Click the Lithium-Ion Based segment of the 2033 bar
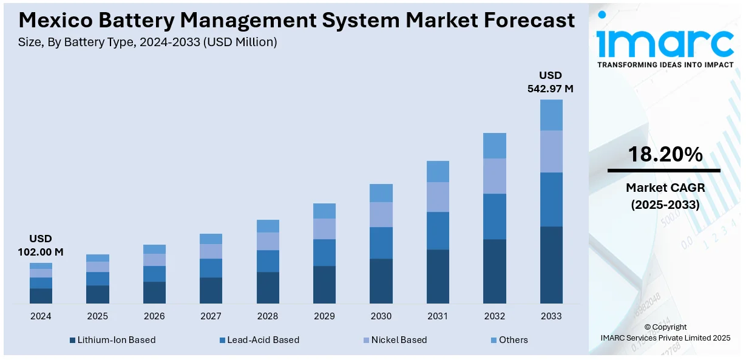click(x=551, y=265)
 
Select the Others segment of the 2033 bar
click(x=551, y=115)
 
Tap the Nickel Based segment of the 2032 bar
click(x=494, y=176)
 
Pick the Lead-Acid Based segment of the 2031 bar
click(x=438, y=231)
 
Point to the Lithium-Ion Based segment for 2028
click(x=268, y=288)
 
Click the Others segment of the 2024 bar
click(x=41, y=266)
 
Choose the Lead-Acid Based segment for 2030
click(x=381, y=243)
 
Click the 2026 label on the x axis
click(x=154, y=316)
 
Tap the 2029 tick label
click(x=324, y=316)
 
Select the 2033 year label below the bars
click(x=551, y=316)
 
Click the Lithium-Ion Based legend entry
click(x=116, y=340)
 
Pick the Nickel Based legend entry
click(x=399, y=340)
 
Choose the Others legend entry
click(x=513, y=340)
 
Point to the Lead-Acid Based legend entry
click(x=263, y=340)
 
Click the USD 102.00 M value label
click(x=41, y=245)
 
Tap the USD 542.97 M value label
click(x=551, y=82)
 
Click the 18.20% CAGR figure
click(x=665, y=155)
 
